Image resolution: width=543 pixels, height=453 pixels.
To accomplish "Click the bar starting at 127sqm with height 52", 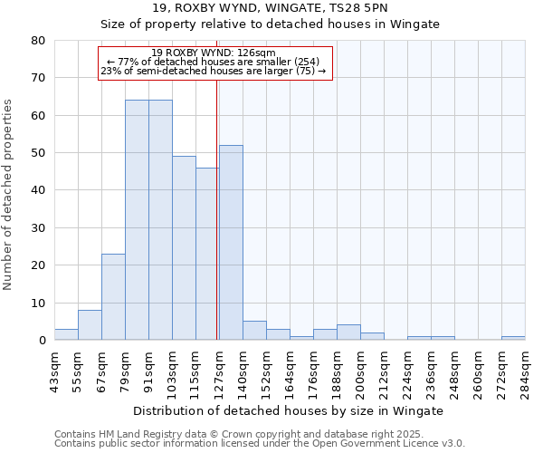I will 231,242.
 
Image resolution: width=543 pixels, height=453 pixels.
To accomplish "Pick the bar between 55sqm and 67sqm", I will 90,324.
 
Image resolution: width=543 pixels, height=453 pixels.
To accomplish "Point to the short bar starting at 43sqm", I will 66,334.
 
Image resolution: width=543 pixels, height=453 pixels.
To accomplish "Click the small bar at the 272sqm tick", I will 513,338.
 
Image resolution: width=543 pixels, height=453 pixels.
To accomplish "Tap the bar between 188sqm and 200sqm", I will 348,333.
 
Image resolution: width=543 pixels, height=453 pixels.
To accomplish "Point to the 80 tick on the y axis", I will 38,41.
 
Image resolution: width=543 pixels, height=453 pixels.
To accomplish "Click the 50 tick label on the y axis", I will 38,153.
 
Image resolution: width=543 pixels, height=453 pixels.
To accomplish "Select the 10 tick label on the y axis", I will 38,303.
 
